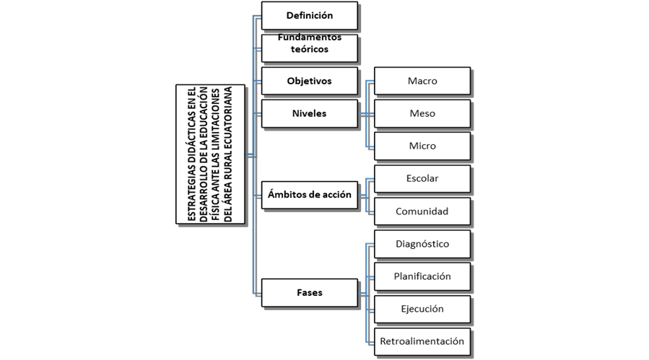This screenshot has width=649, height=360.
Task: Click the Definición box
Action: point(309,15)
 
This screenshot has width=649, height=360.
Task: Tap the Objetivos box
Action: point(309,81)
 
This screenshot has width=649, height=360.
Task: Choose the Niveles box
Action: point(309,113)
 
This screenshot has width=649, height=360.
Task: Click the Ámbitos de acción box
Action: point(309,194)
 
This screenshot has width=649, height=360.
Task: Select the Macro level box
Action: point(422,81)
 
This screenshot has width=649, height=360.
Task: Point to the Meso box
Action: point(422,113)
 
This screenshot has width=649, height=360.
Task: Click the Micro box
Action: point(422,146)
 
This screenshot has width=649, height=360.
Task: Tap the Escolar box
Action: point(422,178)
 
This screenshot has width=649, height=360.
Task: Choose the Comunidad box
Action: point(422,211)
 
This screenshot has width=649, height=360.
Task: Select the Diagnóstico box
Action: point(422,244)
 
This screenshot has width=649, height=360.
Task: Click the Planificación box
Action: point(422,276)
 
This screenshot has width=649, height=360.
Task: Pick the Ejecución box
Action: point(422,309)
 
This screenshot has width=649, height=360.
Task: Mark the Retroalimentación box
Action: point(422,341)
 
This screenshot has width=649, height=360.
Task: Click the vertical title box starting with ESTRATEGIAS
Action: point(210,154)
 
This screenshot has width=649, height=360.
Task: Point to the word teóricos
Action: point(309,50)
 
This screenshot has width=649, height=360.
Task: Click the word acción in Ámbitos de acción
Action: point(335,194)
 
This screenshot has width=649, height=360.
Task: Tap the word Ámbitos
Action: point(287,194)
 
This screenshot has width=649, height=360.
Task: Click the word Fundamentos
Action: point(309,38)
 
